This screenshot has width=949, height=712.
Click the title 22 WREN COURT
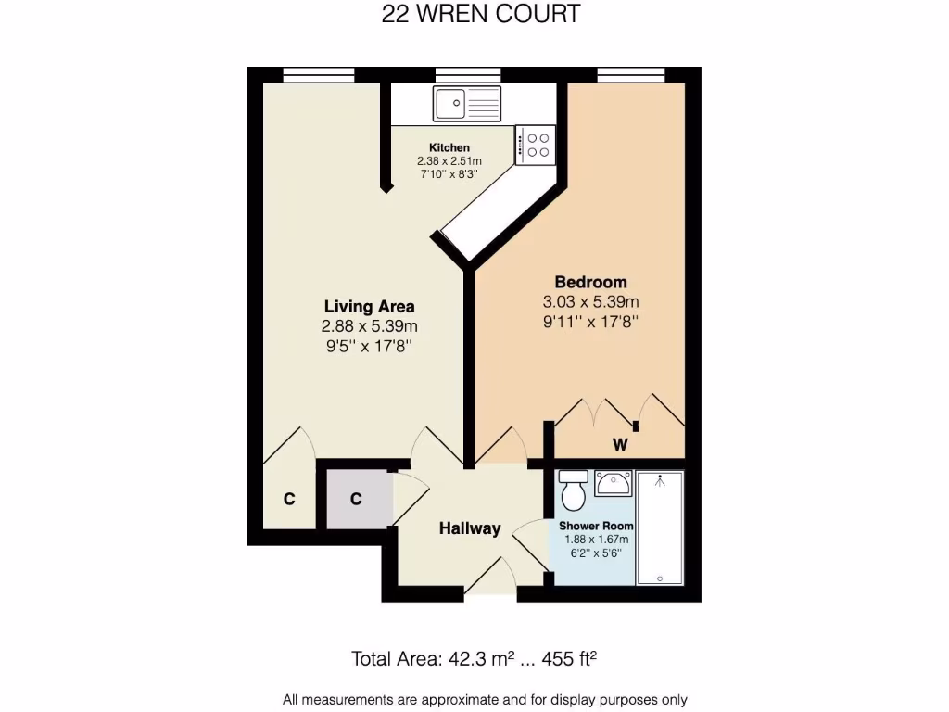[481, 15]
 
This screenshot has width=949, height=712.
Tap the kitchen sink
[467, 103]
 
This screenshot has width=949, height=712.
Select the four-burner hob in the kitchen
[535, 145]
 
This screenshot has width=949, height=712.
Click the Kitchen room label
[449, 147]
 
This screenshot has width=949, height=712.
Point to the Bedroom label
[590, 282]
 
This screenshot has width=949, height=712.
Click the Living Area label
[369, 306]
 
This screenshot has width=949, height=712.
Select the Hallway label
[470, 528]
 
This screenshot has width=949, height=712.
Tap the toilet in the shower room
[574, 490]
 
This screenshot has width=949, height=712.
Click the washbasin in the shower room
[613, 482]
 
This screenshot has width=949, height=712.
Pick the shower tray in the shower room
[660, 528]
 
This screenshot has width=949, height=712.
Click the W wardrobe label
[620, 445]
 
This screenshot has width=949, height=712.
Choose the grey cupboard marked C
[355, 499]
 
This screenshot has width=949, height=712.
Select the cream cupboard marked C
[289, 499]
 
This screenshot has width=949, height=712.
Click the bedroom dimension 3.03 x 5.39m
[590, 302]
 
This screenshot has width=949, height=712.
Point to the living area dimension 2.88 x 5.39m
[369, 326]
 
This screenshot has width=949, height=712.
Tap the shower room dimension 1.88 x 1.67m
[597, 540]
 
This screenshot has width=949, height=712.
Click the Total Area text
[474, 659]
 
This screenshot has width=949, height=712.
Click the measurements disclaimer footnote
[485, 700]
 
